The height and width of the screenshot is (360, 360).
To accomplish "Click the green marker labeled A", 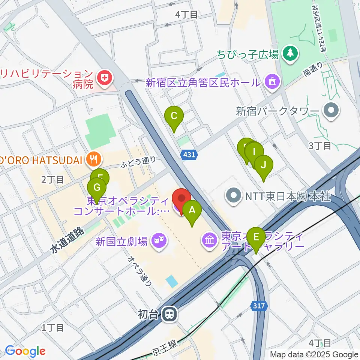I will coord(192,210).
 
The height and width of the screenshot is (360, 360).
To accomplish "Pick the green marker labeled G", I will coord(97,187).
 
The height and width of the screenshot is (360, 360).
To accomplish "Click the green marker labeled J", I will coord(264,165).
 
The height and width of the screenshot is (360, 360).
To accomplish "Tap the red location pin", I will coord(181,198).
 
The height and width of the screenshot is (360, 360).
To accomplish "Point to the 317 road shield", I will coord(259,306).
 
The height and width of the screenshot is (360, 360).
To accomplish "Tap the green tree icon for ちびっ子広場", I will coord(290,54).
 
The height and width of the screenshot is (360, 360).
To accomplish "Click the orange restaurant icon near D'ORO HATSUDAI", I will coord(93,160).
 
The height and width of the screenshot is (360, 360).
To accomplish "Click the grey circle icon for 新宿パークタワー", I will coord(332,111).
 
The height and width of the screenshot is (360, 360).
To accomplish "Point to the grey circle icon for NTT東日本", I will coord(234,195).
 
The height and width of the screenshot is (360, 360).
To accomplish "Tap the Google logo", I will coord(25,351).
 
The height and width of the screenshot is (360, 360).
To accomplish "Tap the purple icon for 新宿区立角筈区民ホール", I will coord(271,81).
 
